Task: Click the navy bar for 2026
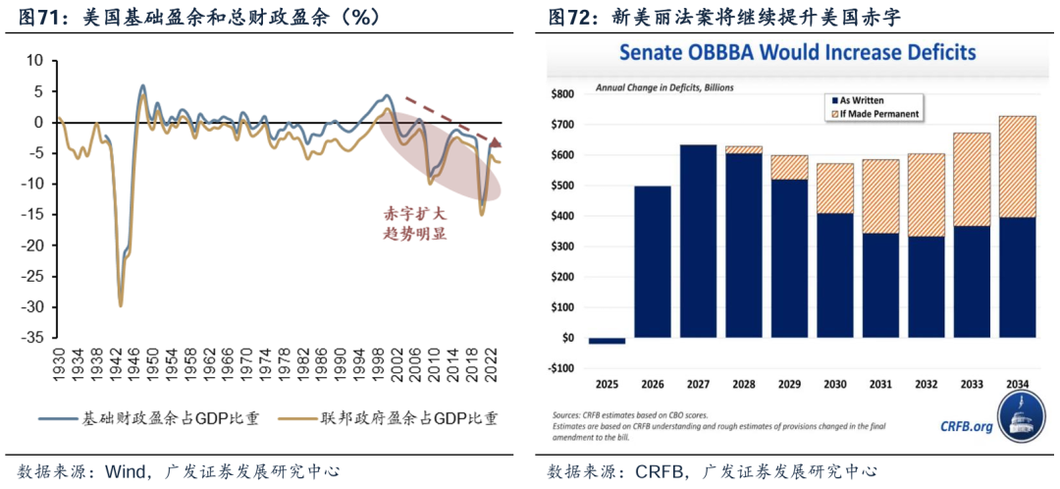point(653,262)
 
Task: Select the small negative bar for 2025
point(607,341)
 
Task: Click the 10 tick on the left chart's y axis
point(36,61)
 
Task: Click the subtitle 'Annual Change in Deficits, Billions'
point(664,86)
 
